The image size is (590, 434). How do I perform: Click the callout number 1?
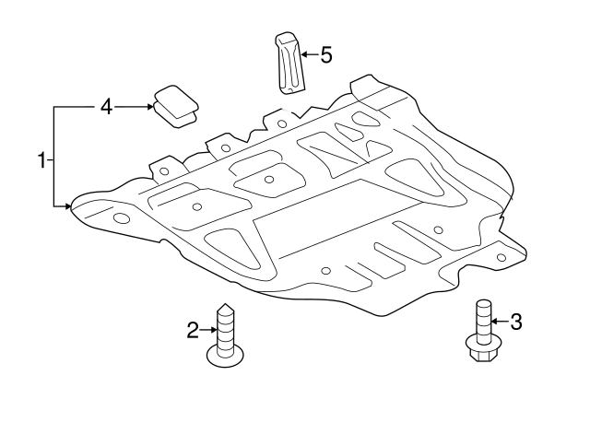41,161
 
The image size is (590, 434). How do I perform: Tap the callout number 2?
193,330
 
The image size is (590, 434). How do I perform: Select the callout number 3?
516,322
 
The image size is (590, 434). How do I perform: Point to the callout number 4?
106,108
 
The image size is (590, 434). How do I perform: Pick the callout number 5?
325,55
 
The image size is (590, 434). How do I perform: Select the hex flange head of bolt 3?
480,351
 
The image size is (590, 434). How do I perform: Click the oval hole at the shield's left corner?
121,219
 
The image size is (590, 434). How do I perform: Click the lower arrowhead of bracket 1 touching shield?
68,206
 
